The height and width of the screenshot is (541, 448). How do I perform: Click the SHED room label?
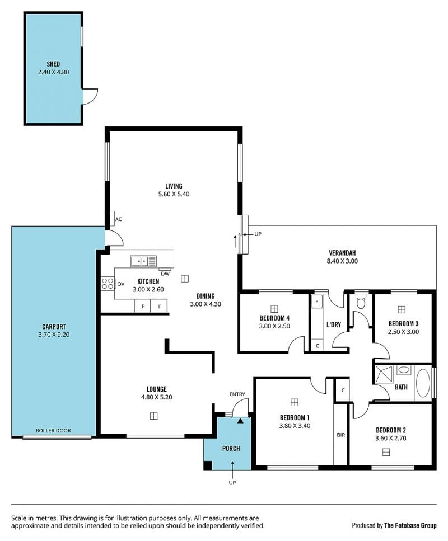click(53, 64)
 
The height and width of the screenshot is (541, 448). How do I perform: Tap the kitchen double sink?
click(143, 261)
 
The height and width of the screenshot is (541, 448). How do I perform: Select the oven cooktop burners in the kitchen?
click(108, 284)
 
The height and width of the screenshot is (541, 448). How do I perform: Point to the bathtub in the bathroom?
click(423, 383)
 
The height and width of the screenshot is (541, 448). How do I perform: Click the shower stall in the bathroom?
click(384, 374)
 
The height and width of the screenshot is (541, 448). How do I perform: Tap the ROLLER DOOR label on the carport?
click(53, 431)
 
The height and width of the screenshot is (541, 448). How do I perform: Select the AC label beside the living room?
click(119, 219)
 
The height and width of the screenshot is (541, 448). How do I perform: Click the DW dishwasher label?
click(165, 274)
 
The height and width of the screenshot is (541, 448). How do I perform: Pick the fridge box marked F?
click(160, 306)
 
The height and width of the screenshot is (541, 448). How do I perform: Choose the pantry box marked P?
click(143, 306)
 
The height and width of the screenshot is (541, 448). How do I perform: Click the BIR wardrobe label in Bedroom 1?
click(341, 435)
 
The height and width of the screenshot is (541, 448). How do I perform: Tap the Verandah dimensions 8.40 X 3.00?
click(342, 261)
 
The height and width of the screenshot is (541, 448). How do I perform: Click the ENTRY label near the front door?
click(237, 394)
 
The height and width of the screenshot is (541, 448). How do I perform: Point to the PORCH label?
click(231, 448)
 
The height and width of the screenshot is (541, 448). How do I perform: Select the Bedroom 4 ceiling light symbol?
click(274, 308)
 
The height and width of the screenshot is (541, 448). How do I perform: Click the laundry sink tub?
click(317, 302)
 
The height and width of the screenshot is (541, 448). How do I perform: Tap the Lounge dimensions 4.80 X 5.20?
click(156, 397)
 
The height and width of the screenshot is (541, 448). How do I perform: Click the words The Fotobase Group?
click(410, 525)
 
